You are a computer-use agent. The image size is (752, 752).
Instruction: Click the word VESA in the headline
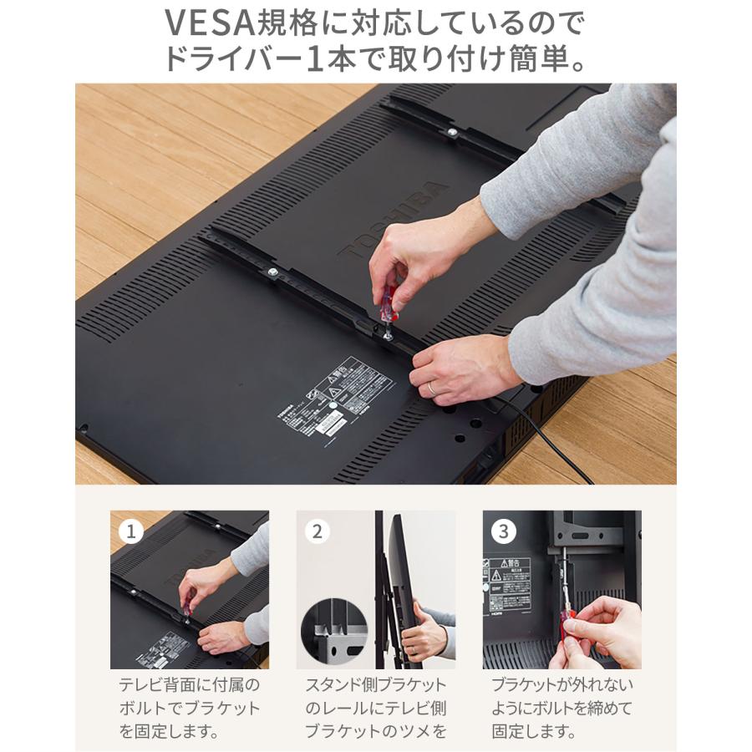pyautogui.click(x=209, y=23)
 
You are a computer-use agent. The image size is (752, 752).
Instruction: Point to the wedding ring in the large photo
pyautogui.click(x=432, y=389)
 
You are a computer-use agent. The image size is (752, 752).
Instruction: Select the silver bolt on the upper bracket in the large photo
pyautogui.click(x=451, y=132)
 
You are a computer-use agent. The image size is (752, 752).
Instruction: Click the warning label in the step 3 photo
pyautogui.click(x=507, y=585)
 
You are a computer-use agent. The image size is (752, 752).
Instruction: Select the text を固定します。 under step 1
pyautogui.click(x=169, y=732)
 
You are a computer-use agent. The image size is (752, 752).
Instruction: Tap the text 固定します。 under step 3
pyautogui.click(x=534, y=732)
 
